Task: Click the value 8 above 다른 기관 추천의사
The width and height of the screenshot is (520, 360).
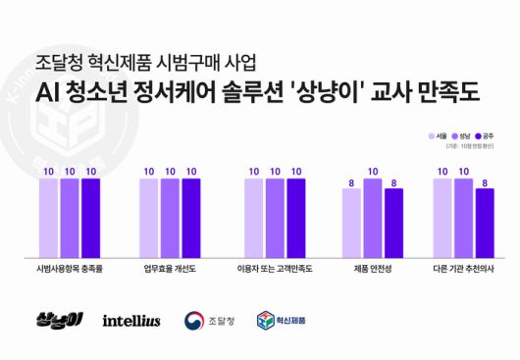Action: (x=484, y=182)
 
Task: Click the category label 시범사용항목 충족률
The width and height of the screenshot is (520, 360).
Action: (x=70, y=266)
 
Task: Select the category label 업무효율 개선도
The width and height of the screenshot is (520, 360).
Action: (x=170, y=266)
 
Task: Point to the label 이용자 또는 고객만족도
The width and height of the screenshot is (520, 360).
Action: (x=274, y=266)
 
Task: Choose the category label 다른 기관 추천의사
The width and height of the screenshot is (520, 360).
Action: (x=463, y=266)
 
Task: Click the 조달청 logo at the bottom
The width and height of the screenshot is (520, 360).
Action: (x=208, y=321)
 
